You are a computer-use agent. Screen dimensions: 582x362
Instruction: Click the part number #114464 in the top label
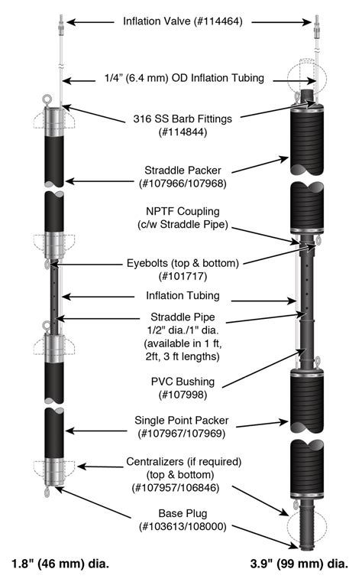(x=216, y=22)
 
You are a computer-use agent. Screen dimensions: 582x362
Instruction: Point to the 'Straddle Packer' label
(x=179, y=169)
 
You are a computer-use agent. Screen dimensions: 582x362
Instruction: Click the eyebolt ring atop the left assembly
(x=49, y=99)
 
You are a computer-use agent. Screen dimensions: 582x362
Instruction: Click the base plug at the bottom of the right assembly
(x=307, y=528)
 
